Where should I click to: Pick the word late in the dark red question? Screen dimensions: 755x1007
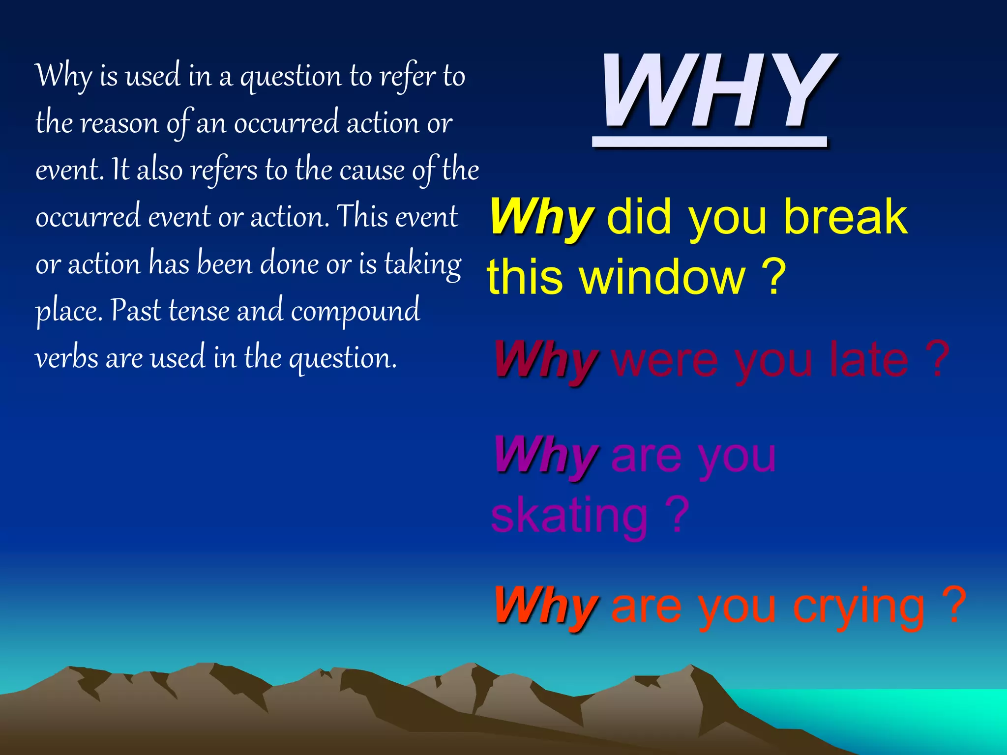coord(868,360)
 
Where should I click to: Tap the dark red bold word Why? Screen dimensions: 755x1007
coord(546,360)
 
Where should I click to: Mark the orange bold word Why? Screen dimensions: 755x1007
coord(546,606)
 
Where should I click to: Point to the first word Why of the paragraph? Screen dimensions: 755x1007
coord(64,77)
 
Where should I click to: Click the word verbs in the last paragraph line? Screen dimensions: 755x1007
coord(66,358)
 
